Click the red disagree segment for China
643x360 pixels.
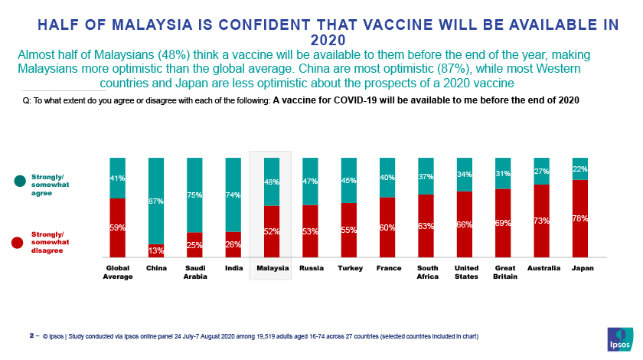click(156, 250)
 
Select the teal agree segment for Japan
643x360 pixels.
click(579, 169)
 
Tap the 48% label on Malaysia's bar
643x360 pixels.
click(272, 182)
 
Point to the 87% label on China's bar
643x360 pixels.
click(156, 201)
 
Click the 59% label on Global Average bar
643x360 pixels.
click(117, 227)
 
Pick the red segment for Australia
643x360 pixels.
click(541, 221)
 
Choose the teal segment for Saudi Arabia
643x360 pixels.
click(194, 195)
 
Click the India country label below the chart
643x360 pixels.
click(233, 268)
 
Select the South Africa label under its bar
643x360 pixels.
click(426, 272)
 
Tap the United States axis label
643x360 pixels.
click(465, 272)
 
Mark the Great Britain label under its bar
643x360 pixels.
click(503, 272)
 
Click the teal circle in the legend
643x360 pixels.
click(18, 181)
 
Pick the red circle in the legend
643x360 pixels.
click(18, 243)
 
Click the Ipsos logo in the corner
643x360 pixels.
click(620, 339)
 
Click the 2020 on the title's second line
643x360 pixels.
click(328, 40)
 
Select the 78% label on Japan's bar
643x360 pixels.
click(579, 218)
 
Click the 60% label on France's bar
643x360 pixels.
click(387, 227)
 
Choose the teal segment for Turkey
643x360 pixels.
click(349, 180)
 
